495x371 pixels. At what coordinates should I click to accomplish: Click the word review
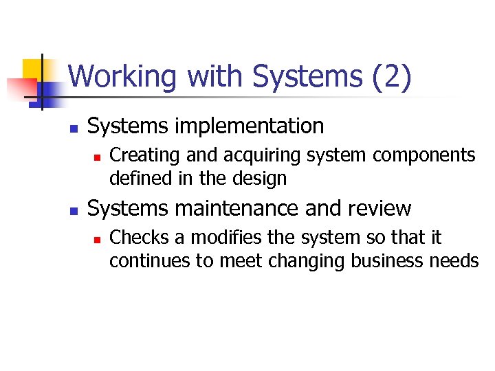(x=379, y=208)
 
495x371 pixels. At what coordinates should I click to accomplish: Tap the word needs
(x=458, y=261)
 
